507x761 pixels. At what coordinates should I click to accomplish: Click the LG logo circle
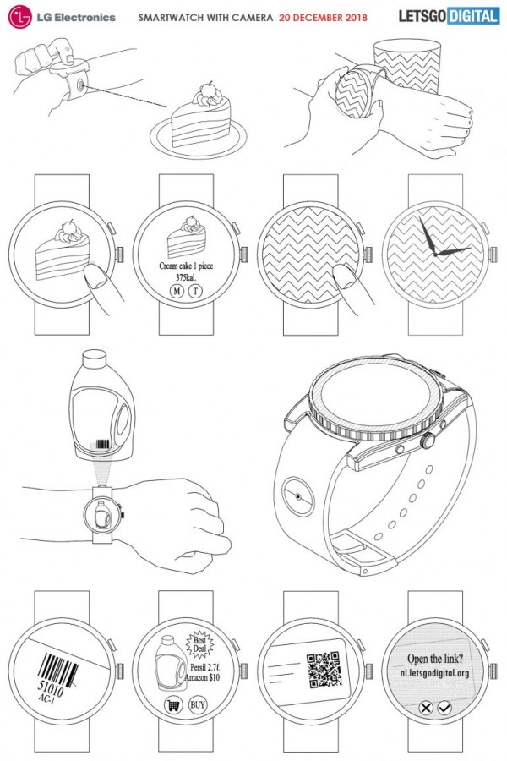click(20, 18)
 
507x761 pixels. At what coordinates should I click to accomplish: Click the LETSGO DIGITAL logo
click(449, 16)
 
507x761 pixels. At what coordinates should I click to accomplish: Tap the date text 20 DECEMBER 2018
click(323, 18)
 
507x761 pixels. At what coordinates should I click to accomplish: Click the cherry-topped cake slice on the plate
click(201, 117)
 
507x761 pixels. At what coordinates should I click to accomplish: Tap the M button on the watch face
click(177, 291)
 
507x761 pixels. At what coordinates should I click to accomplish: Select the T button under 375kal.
click(196, 291)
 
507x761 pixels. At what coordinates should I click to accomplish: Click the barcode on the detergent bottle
click(103, 445)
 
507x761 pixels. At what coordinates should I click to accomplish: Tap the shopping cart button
click(172, 704)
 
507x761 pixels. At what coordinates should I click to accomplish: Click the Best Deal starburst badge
click(199, 644)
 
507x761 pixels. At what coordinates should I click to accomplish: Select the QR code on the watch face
click(324, 670)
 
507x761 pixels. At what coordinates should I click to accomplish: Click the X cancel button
click(426, 708)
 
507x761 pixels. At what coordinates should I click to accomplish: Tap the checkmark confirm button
click(444, 708)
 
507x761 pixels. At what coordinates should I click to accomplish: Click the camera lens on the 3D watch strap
click(297, 496)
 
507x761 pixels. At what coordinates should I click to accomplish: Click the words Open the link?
click(434, 659)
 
